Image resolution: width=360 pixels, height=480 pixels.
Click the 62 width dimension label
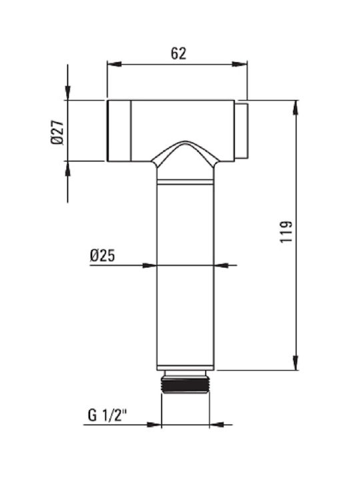[179, 53]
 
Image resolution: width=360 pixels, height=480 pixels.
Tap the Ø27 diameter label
[57, 132]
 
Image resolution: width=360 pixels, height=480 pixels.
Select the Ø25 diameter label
[103, 255]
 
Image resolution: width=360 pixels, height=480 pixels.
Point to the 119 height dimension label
[286, 231]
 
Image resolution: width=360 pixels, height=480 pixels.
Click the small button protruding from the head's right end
[241, 131]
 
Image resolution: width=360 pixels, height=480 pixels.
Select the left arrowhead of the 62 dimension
[114, 64]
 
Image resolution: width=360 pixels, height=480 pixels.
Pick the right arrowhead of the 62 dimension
[240, 64]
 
